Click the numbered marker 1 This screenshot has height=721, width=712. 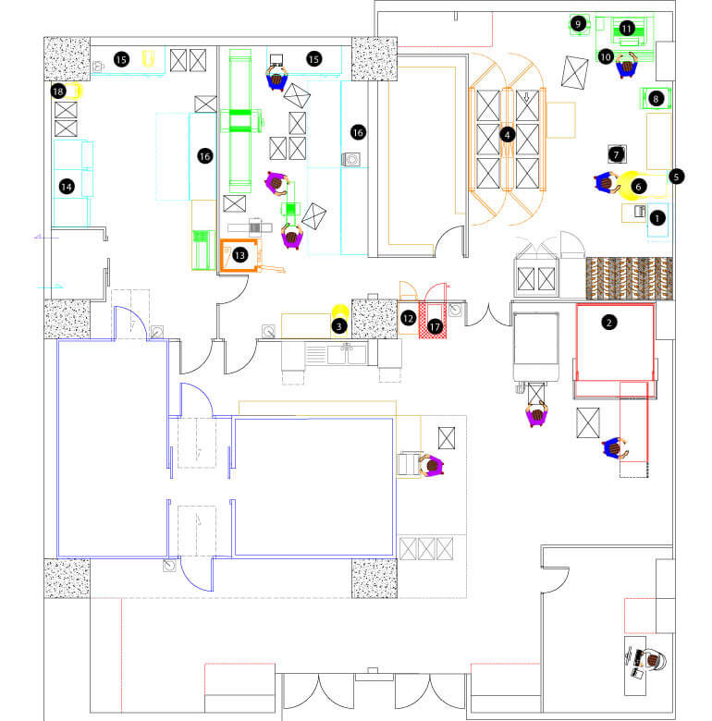(x=657, y=218)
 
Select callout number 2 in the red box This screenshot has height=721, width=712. (x=609, y=323)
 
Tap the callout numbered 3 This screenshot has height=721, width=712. (x=339, y=326)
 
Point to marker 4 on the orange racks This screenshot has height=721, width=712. (x=508, y=135)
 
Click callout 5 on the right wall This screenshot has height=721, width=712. (x=676, y=177)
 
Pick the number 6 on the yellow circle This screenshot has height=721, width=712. (x=638, y=186)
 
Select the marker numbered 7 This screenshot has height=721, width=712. (x=617, y=154)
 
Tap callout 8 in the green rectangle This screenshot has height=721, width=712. (x=656, y=98)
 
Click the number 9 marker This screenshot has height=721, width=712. (x=578, y=23)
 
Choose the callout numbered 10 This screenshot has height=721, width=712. (x=606, y=56)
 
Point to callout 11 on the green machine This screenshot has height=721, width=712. (x=626, y=29)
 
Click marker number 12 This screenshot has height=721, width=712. (x=408, y=318)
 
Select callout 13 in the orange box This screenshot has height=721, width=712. (x=239, y=255)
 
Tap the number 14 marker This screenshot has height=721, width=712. (x=67, y=187)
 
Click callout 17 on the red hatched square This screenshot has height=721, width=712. (x=435, y=327)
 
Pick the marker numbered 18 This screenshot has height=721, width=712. (x=58, y=91)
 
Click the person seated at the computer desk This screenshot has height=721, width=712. (x=652, y=661)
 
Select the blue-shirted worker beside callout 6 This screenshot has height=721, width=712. (x=607, y=182)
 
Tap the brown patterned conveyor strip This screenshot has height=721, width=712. (x=629, y=278)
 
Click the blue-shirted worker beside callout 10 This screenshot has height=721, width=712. (x=626, y=66)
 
